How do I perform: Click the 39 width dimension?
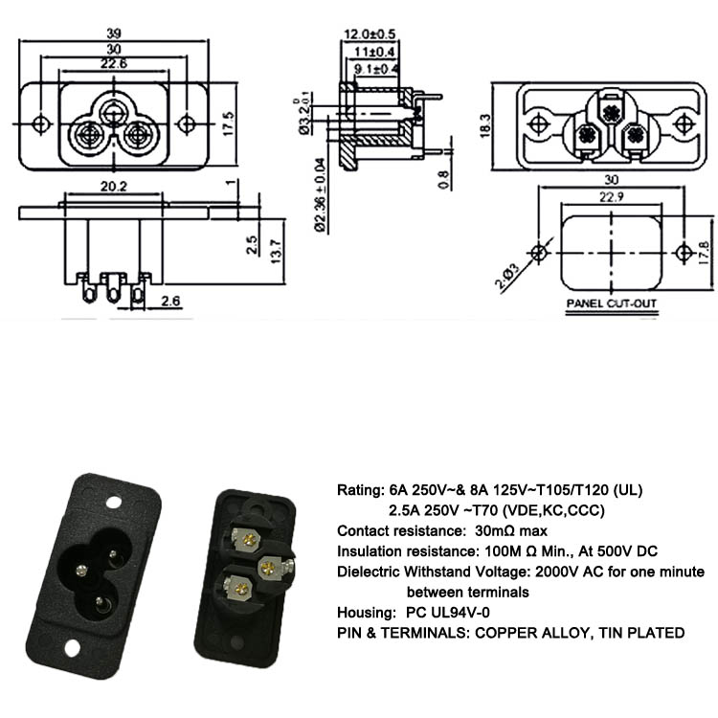(114, 34)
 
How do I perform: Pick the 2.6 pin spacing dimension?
(170, 302)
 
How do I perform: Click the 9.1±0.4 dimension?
(375, 69)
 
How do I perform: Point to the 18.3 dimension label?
(485, 123)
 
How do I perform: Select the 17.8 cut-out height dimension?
(706, 253)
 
